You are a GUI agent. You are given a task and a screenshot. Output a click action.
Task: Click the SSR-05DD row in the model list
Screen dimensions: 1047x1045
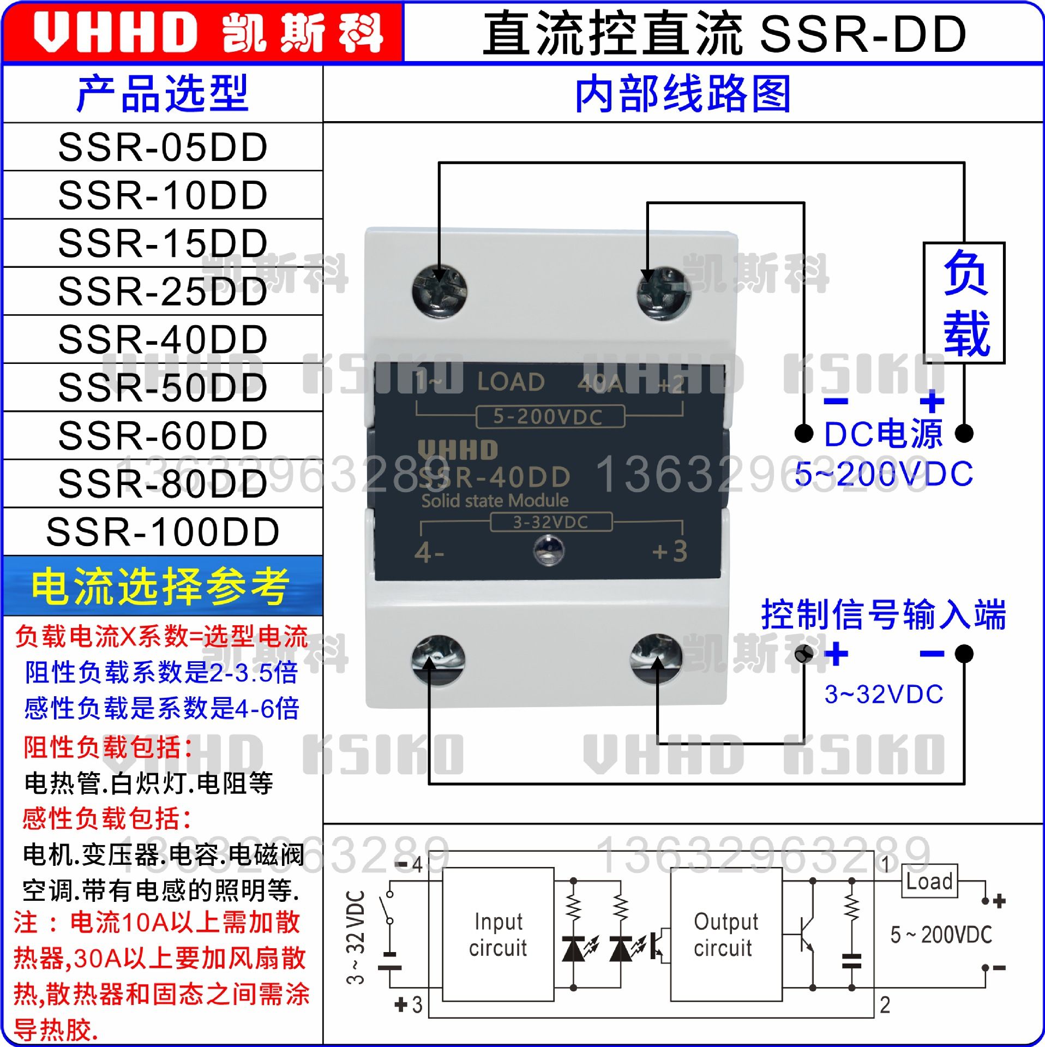tap(163, 147)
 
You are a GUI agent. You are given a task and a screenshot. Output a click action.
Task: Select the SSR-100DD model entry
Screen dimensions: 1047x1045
tap(163, 532)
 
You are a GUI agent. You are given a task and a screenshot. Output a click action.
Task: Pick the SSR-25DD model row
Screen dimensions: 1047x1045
tap(163, 291)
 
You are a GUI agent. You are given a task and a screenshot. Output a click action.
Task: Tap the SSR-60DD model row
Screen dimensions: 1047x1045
tap(163, 436)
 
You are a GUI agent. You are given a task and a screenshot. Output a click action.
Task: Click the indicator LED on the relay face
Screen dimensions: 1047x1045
tap(548, 550)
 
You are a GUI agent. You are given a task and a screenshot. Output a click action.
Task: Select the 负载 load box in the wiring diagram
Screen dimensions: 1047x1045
tap(964, 303)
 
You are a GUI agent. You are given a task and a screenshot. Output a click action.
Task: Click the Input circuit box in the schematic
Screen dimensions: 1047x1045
tap(498, 935)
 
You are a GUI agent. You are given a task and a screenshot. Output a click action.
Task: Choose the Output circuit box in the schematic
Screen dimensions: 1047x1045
tap(726, 935)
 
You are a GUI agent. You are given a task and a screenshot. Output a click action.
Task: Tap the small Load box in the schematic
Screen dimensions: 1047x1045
tap(929, 881)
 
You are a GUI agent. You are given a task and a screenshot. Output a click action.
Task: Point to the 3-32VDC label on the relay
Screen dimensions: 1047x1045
tap(551, 522)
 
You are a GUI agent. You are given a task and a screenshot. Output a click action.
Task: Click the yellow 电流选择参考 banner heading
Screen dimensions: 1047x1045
tap(161, 587)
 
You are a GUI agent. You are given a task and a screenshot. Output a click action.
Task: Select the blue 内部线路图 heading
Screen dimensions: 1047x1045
tap(683, 94)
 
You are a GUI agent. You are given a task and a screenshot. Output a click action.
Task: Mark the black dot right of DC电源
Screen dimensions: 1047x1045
tap(964, 433)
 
